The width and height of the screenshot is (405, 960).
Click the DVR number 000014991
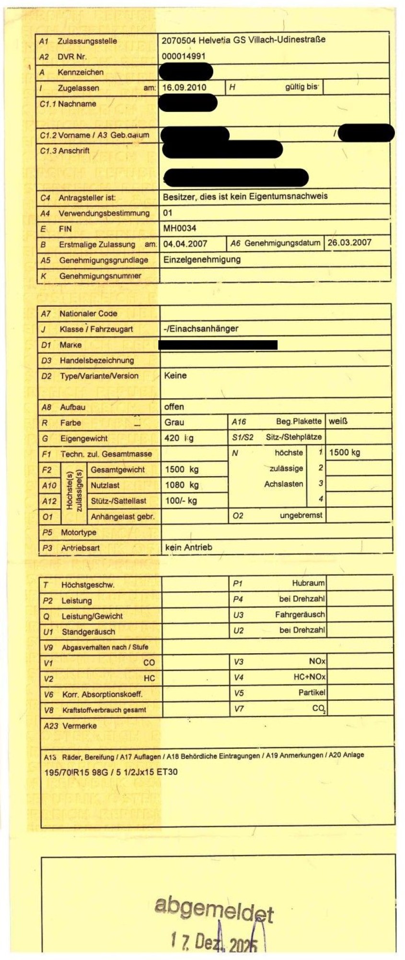coord(184,56)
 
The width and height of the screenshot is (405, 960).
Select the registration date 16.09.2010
coord(184,87)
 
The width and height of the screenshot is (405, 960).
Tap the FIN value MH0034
coord(180,228)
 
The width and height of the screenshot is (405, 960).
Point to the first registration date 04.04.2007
coord(185,244)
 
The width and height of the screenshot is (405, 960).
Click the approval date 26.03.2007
coord(349,242)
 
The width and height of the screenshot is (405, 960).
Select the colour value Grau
coord(174,422)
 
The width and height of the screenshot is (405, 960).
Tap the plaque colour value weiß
coord(338,421)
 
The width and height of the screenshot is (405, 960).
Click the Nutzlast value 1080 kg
coord(182,485)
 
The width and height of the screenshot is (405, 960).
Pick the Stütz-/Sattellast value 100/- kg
coord(181,501)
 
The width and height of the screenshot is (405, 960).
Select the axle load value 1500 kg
coord(345,452)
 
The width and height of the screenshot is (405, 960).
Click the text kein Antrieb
coord(188,547)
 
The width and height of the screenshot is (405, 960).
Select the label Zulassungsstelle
coord(87,41)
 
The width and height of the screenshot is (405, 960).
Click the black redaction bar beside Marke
coord(218,344)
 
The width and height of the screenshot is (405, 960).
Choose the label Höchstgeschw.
coord(88,585)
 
